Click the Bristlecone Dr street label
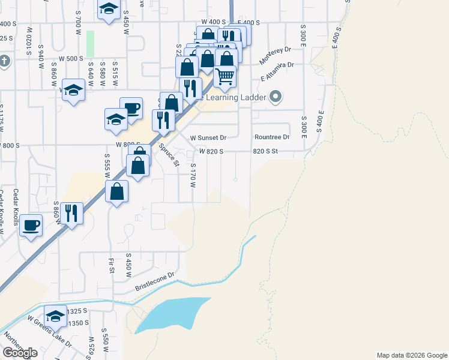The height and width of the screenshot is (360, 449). point(154,281)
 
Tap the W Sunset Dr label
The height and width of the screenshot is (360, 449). point(208,137)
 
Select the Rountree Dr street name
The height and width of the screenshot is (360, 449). point(271,137)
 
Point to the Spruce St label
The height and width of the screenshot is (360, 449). point(169,155)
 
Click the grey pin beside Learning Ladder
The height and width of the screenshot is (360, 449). point(276,96)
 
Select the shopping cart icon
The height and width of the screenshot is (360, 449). point(224,76)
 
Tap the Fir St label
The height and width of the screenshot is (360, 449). point(112,265)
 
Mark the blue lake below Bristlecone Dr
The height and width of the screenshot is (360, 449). point(171,316)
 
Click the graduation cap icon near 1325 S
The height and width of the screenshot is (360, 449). point(56,316)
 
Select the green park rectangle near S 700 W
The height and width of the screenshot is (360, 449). point(91,43)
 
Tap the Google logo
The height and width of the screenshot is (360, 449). point(20,353)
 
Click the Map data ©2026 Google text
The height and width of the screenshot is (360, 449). point(411,355)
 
